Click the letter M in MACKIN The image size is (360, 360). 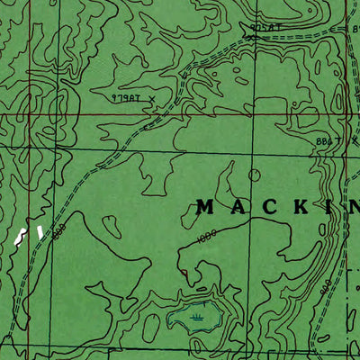(x=205, y=207)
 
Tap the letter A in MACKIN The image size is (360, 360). (x=238, y=207)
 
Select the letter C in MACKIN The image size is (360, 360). (x=270, y=207)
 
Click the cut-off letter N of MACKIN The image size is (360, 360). (x=354, y=207)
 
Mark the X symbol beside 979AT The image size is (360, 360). (x=153, y=93)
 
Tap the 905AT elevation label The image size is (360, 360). (x=267, y=28)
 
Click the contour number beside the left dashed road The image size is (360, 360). (x=60, y=232)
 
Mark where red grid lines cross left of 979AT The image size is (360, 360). (x=28, y=114)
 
